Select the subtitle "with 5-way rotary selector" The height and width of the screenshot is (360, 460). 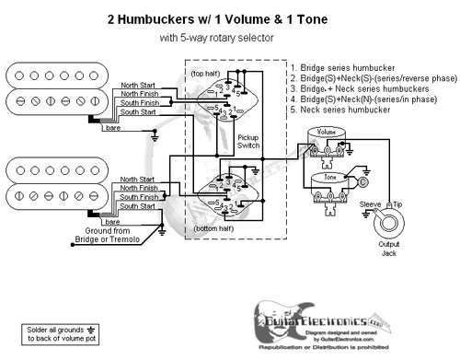point(230,38)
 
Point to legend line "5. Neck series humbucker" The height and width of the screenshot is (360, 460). point(339,110)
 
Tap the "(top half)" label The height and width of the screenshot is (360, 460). point(208,71)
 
